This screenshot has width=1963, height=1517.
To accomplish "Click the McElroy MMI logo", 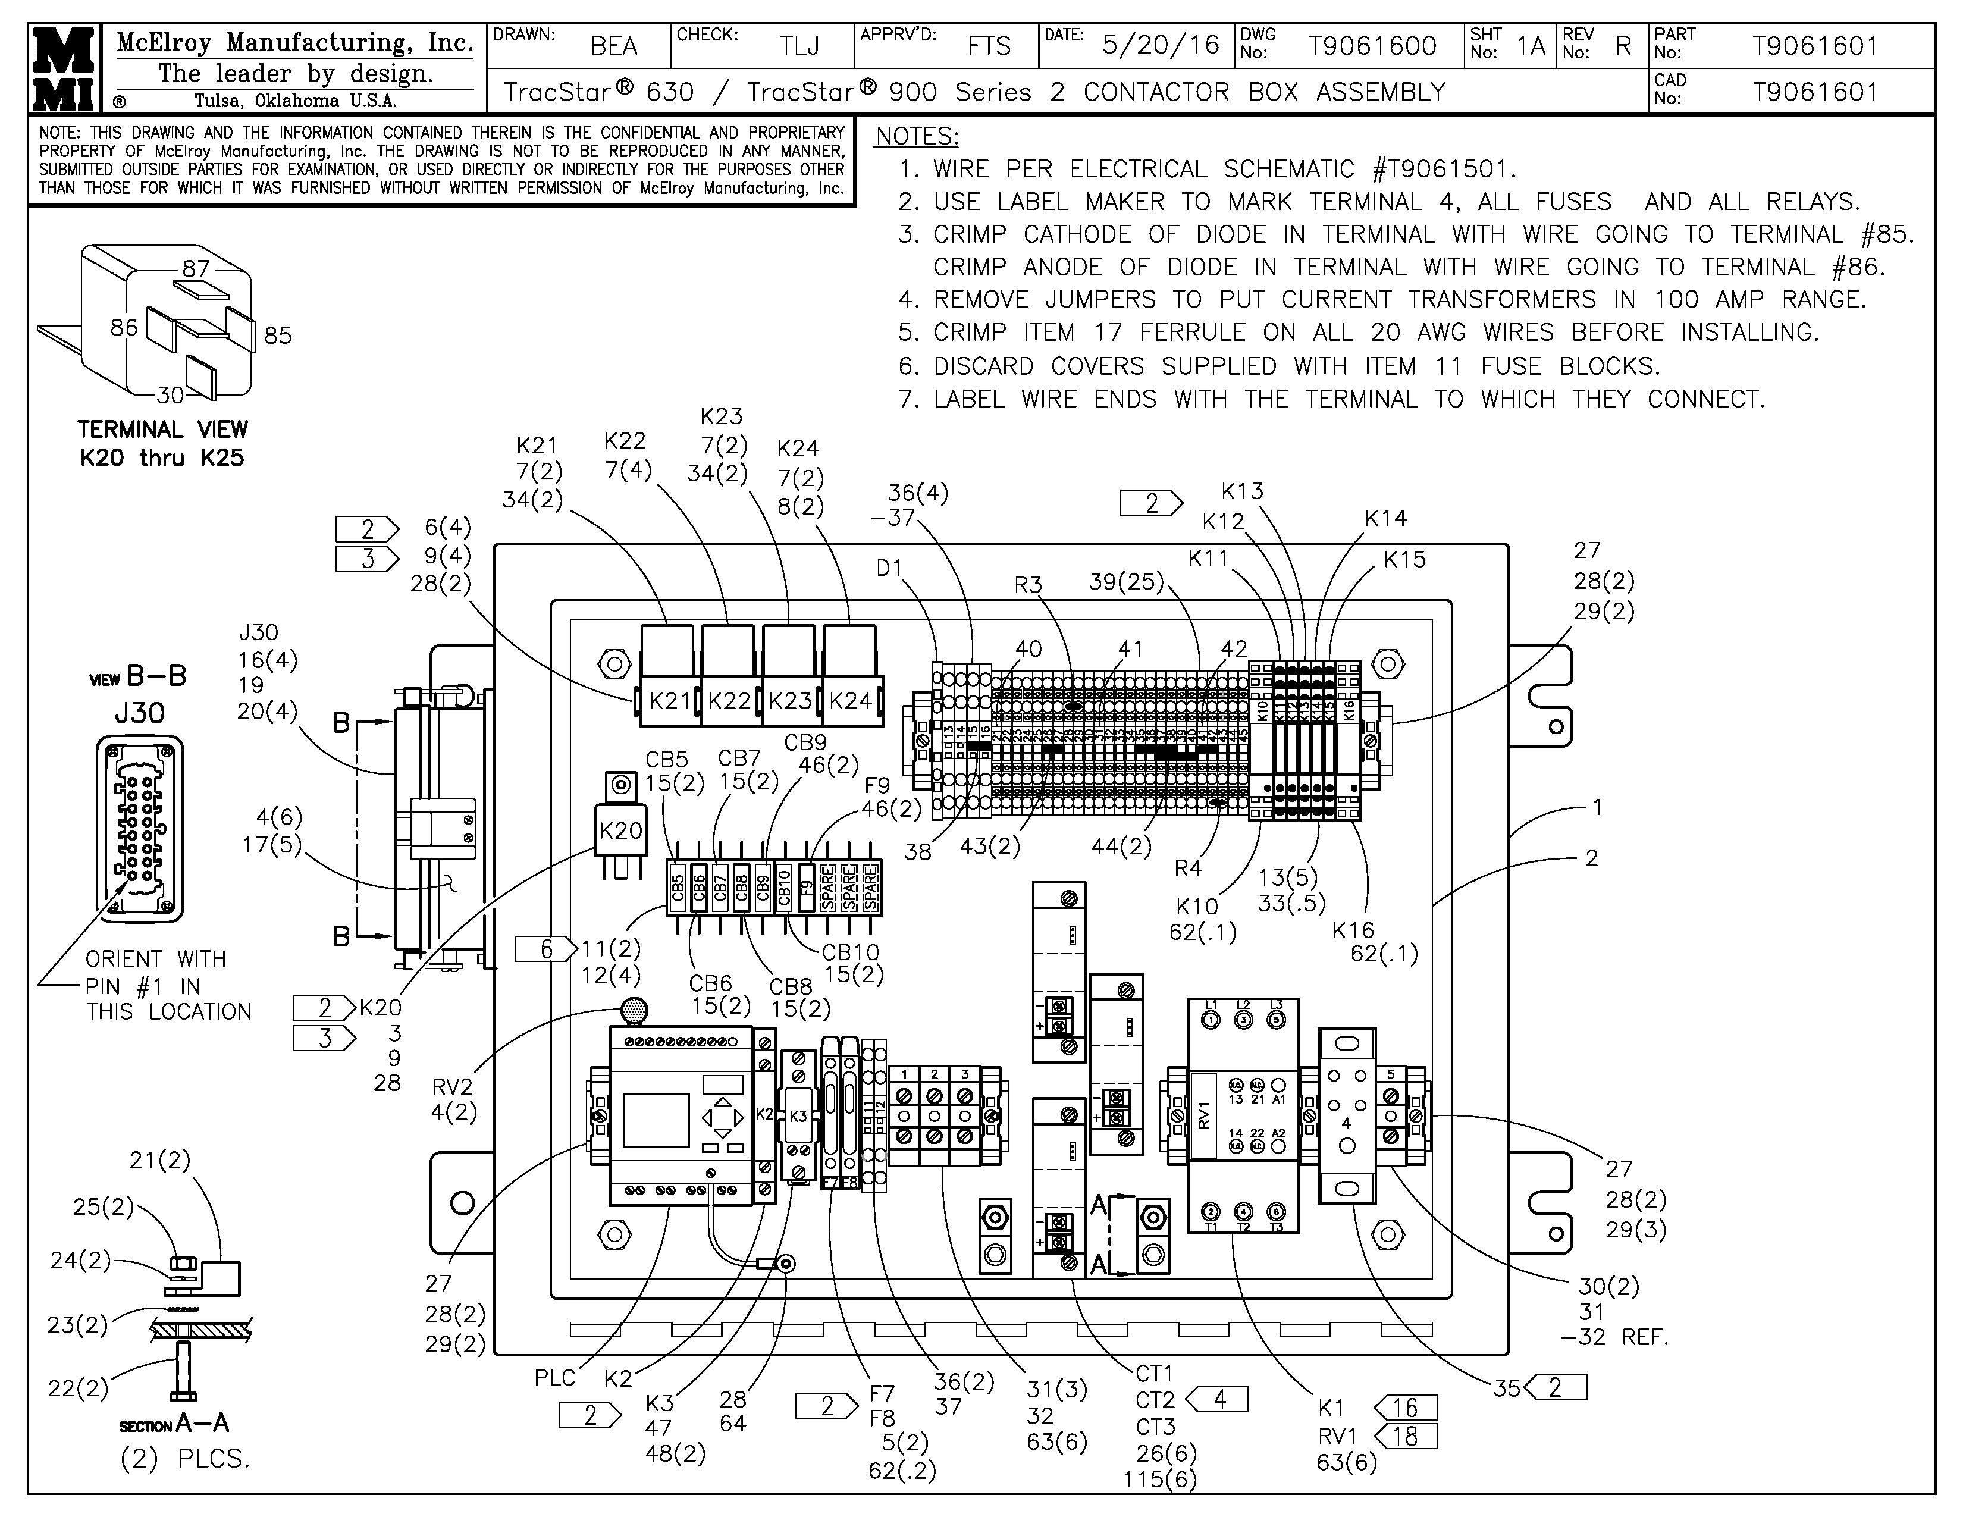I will click(x=63, y=68).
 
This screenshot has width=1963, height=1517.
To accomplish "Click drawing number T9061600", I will click(x=1372, y=46).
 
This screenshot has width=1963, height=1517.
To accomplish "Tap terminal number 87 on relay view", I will click(x=196, y=268).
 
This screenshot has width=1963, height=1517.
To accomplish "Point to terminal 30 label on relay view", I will click(x=170, y=394).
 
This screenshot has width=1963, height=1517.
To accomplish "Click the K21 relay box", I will click(x=669, y=700).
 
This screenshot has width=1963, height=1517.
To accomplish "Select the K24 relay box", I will click(x=850, y=700).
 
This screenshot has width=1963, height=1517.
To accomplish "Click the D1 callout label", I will click(x=889, y=568).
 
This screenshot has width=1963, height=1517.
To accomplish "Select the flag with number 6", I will click(x=545, y=948).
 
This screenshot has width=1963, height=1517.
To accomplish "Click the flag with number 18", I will click(x=1406, y=1436).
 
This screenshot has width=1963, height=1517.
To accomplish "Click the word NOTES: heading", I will click(x=917, y=137).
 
